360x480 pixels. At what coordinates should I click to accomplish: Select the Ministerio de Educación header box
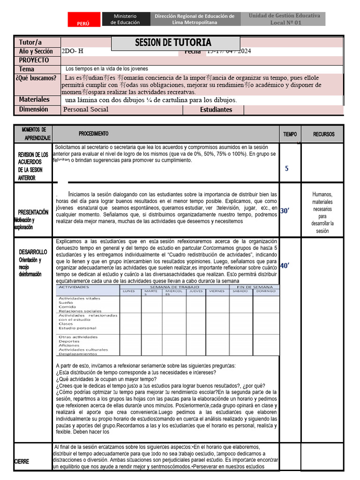[125, 19]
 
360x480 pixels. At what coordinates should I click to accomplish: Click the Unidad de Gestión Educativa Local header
[284, 19]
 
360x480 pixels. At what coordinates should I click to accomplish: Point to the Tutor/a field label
[30, 42]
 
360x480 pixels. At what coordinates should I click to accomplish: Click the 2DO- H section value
[72, 51]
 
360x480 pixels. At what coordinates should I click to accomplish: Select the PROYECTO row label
[34, 60]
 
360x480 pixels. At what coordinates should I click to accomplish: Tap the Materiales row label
[34, 99]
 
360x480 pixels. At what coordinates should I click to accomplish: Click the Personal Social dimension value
[86, 109]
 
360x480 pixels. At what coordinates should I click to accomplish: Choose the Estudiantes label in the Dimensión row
[216, 110]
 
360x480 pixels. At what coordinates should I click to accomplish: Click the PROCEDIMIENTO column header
[93, 134]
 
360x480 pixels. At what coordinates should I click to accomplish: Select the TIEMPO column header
[290, 134]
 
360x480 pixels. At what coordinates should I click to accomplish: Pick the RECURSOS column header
[324, 134]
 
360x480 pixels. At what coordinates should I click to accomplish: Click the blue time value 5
[286, 168]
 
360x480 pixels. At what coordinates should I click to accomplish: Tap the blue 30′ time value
[285, 211]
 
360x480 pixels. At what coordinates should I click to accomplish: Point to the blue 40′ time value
[285, 266]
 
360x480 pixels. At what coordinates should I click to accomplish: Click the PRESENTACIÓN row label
[33, 212]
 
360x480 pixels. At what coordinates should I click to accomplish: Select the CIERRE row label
[22, 461]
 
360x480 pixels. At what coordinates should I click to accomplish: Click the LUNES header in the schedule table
[129, 291]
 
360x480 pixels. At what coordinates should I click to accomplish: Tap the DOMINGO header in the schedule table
[266, 291]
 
